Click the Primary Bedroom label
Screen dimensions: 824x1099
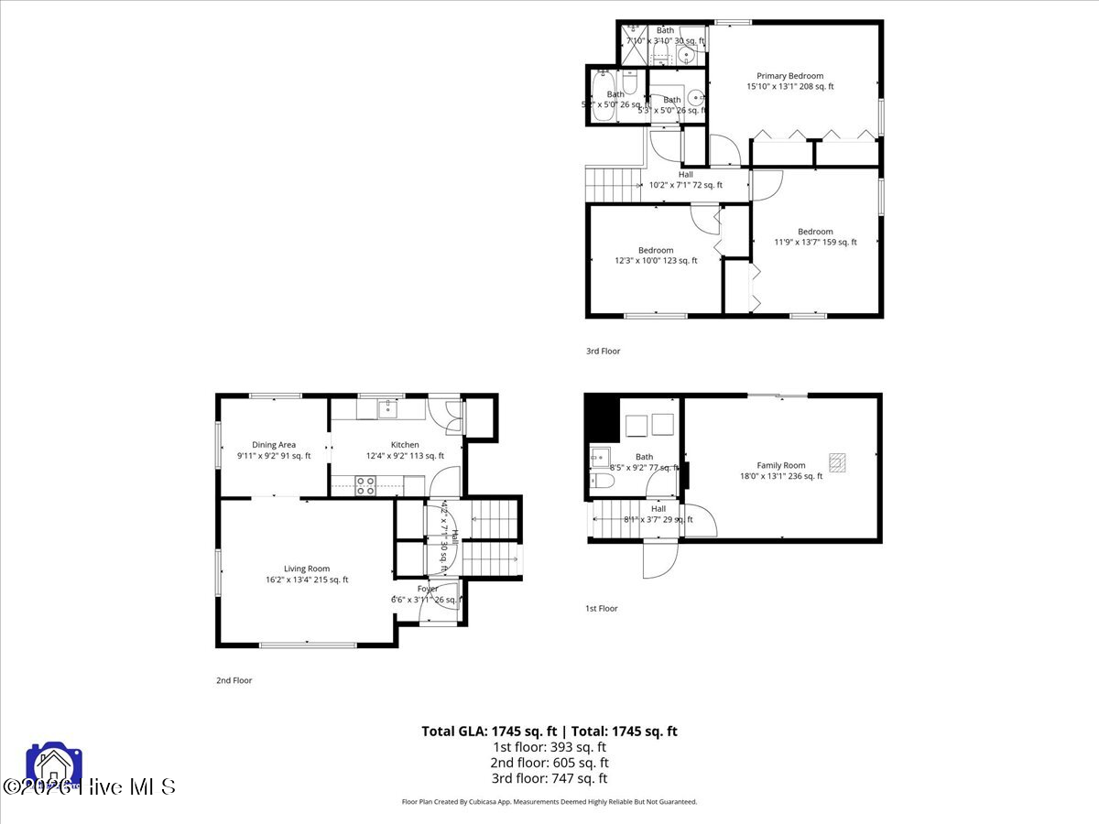[789, 76]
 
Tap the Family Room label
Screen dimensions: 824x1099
[780, 465]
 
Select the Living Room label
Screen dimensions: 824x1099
[306, 569]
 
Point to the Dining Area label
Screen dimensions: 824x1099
[274, 445]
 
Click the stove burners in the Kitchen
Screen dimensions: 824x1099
[365, 485]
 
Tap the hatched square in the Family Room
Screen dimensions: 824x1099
[838, 461]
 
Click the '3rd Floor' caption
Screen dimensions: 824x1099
[603, 351]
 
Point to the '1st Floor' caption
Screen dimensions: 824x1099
[602, 608]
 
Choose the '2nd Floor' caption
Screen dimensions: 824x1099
[234, 680]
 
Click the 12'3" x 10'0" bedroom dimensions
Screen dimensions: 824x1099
[656, 261]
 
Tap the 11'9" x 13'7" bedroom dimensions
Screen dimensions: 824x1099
[815, 243]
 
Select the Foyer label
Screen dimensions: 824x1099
[428, 589]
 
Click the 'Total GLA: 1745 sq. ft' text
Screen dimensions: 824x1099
[489, 731]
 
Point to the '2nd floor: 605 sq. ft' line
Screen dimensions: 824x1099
[549, 763]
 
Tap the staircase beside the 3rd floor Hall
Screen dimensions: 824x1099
[613, 184]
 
